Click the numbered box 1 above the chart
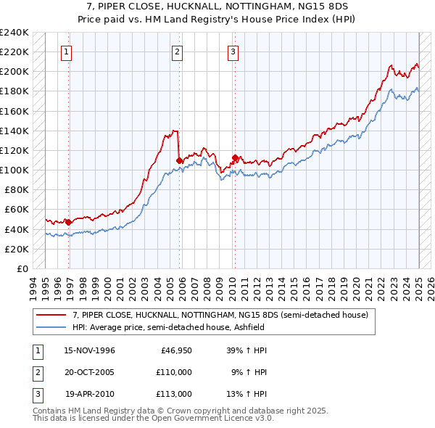click(x=66, y=52)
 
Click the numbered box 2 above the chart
click(x=178, y=52)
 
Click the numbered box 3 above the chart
click(x=233, y=52)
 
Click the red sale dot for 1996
click(x=69, y=223)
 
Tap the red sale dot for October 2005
click(x=179, y=160)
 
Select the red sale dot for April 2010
click(x=235, y=157)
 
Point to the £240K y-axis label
click(x=14, y=33)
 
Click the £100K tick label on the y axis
click(x=14, y=170)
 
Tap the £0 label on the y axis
click(x=22, y=268)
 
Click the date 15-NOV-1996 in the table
click(x=90, y=351)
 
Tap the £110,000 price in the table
click(x=175, y=372)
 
